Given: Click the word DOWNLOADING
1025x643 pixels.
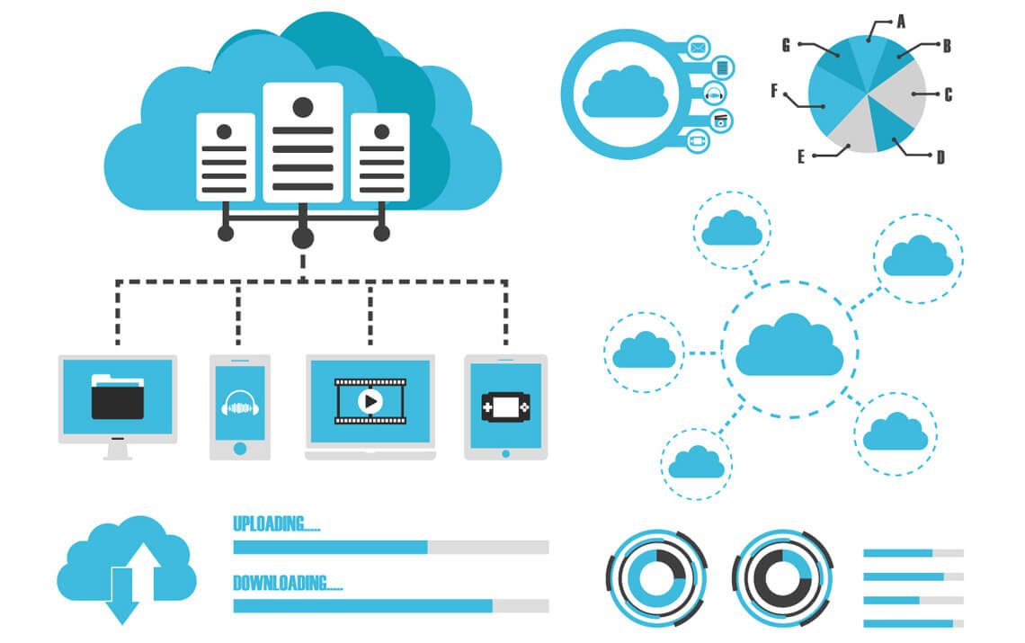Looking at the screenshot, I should (x=287, y=583).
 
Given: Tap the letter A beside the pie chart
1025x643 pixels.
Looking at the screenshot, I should (x=901, y=19).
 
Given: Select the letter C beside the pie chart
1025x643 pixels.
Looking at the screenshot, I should (x=948, y=94).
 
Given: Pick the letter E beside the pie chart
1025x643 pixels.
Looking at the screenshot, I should (x=800, y=156).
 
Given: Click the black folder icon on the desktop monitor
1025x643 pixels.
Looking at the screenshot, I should (x=117, y=397).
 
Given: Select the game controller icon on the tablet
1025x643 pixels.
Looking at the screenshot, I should (x=505, y=406).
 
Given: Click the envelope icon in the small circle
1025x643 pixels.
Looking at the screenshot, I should (x=698, y=47).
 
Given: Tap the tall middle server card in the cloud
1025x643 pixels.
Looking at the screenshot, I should (x=303, y=142).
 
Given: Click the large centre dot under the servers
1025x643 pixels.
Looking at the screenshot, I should (x=303, y=238).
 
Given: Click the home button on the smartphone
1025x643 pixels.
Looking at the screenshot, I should (x=239, y=448).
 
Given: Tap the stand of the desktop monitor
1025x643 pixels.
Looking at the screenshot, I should (x=117, y=450).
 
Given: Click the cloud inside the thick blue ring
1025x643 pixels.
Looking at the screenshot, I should (x=625, y=93).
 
